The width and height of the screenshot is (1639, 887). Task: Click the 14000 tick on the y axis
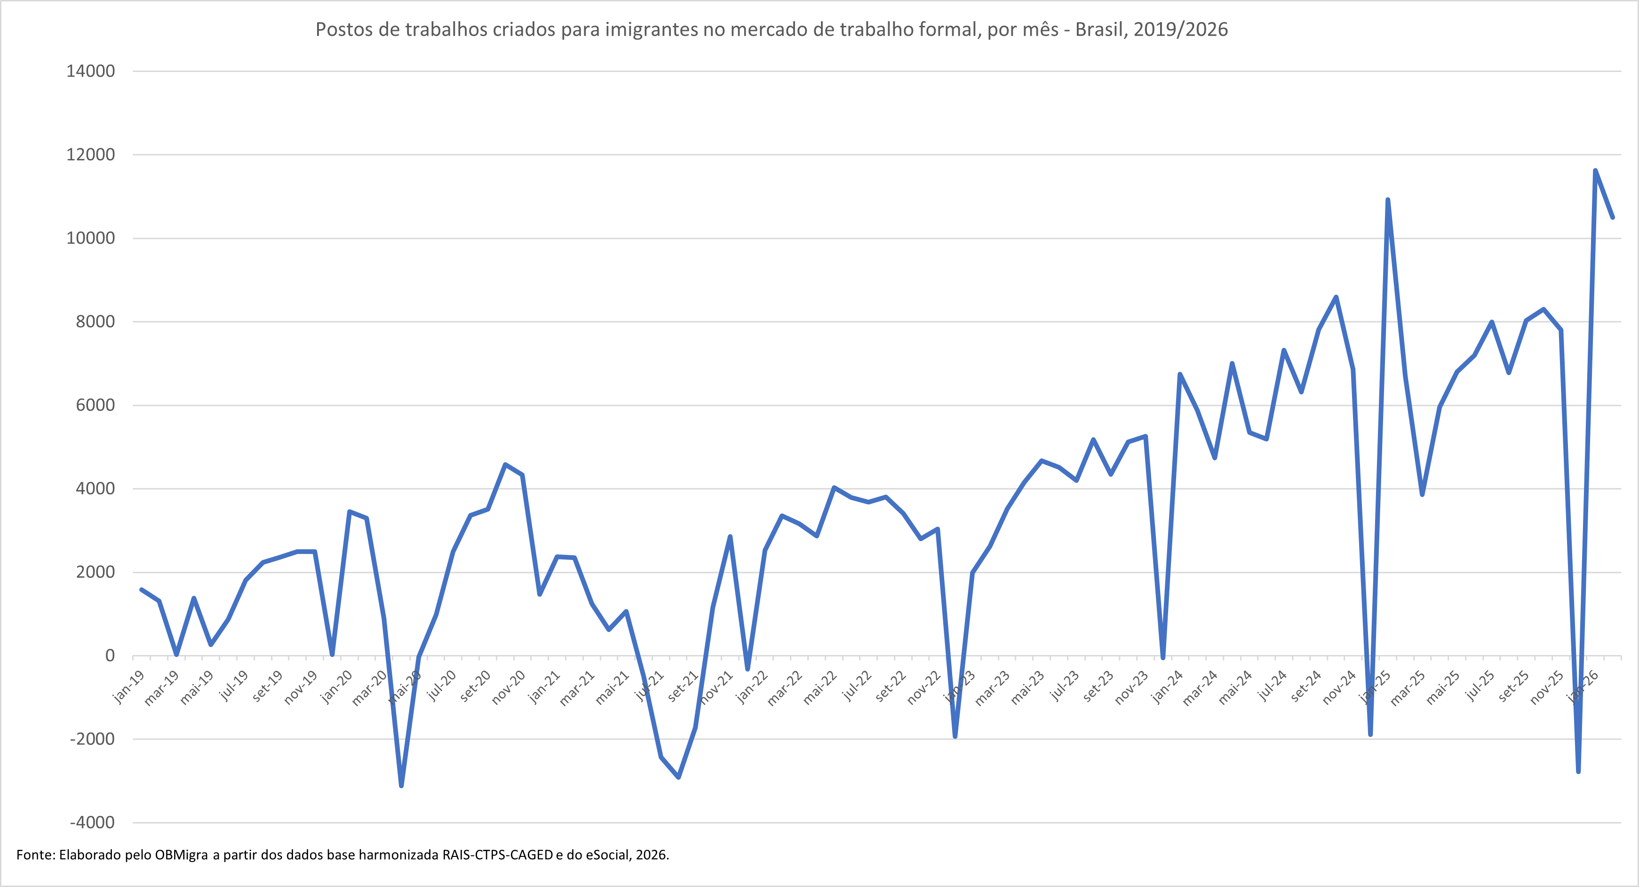(x=91, y=71)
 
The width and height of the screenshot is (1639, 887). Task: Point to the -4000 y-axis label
(x=92, y=822)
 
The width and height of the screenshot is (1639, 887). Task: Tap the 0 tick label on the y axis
(x=110, y=655)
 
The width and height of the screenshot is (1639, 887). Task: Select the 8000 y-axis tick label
(x=95, y=321)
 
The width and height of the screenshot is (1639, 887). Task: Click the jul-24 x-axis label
(x=1273, y=686)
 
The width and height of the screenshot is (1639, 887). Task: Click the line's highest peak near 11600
(x=1595, y=170)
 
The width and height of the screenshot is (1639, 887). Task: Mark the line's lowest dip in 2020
(x=401, y=786)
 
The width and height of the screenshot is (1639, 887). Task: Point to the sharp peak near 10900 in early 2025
(x=1388, y=200)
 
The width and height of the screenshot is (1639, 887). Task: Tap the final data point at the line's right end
(x=1612, y=217)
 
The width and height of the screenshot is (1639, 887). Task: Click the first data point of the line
(x=141, y=589)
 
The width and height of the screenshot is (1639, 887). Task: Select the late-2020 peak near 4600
(x=505, y=464)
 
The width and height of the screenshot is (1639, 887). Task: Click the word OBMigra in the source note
(x=181, y=855)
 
